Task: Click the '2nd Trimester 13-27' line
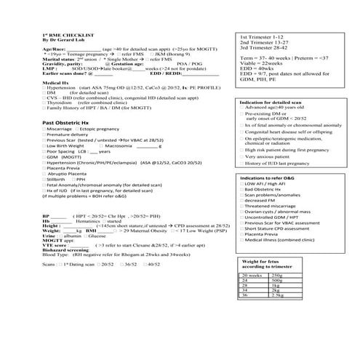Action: pos(263,42)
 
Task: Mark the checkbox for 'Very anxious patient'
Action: pos(242,156)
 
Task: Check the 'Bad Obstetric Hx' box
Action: pos(242,190)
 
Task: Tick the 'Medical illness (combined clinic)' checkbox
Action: pos(242,239)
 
